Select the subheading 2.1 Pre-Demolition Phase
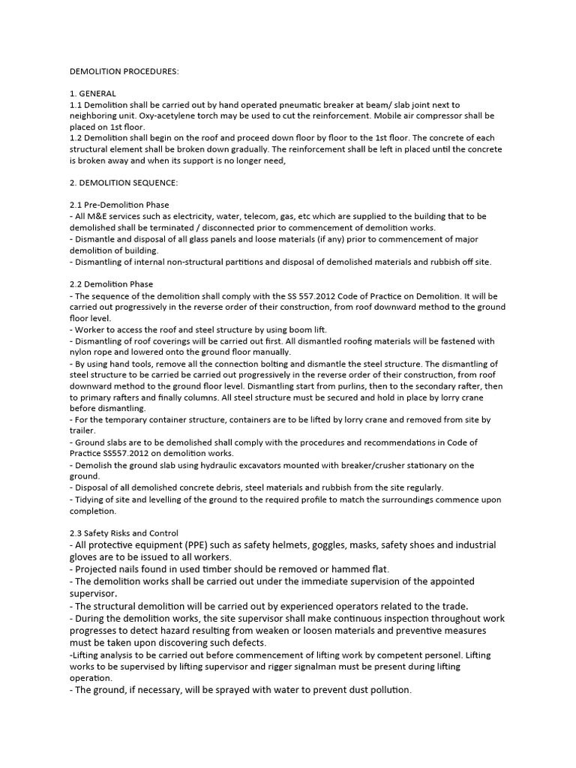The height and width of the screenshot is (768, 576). pyautogui.click(x=118, y=205)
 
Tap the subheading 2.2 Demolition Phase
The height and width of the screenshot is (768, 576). pyautogui.click(x=110, y=284)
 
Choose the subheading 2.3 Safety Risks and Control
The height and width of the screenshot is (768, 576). pyautogui.click(x=124, y=533)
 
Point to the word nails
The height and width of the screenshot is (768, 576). pyautogui.click(x=131, y=569)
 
